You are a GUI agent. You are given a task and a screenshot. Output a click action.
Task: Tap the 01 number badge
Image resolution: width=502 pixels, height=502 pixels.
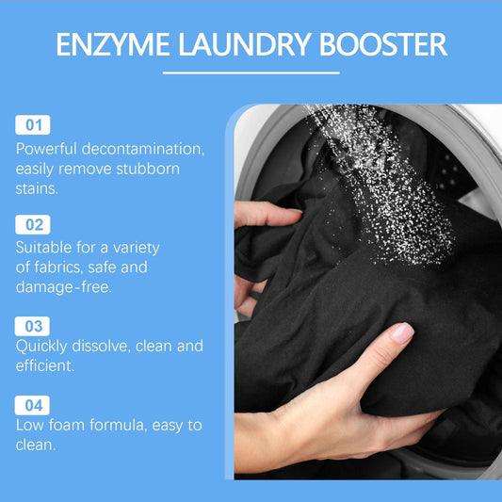34,125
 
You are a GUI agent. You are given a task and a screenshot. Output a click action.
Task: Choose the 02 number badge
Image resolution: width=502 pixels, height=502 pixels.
34,225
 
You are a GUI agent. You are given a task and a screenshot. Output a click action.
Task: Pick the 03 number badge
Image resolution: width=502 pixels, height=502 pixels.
34,325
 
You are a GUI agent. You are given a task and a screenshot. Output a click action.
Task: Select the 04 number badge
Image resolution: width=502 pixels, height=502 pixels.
34,405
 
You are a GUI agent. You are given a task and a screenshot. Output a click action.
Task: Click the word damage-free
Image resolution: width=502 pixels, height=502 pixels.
65,287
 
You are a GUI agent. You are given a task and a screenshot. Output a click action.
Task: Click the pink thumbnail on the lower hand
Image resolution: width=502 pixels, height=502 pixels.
402,332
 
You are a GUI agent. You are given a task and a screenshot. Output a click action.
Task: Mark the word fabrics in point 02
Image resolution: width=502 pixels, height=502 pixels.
62,267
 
